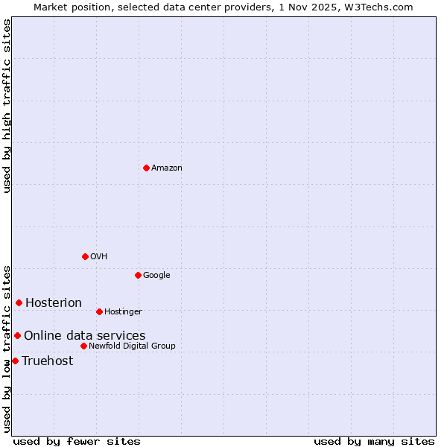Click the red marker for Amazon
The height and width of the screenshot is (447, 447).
click(x=146, y=168)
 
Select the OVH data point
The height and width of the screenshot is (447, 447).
click(x=85, y=256)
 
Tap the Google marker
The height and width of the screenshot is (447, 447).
click(x=138, y=275)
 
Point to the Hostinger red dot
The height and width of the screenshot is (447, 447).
click(x=99, y=311)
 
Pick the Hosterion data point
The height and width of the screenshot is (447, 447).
click(x=19, y=302)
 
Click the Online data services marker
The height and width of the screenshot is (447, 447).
click(x=17, y=335)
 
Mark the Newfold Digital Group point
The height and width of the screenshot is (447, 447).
click(x=83, y=346)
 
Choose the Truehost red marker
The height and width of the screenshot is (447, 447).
click(x=15, y=361)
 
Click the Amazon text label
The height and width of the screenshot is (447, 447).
click(x=166, y=168)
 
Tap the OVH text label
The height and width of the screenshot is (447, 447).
click(x=99, y=257)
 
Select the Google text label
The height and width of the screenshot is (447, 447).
click(x=156, y=276)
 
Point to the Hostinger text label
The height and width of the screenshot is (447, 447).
click(x=123, y=312)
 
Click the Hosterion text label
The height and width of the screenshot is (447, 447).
click(x=54, y=302)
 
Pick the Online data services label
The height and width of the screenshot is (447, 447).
click(x=84, y=336)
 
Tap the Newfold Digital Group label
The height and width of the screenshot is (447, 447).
click(x=132, y=346)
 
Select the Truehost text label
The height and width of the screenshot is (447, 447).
click(x=48, y=361)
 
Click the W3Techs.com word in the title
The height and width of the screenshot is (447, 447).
click(x=381, y=7)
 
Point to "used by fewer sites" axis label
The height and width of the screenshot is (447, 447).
click(x=77, y=441)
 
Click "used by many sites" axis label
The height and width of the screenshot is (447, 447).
click(x=374, y=441)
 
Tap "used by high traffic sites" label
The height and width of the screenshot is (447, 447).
click(x=7, y=106)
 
